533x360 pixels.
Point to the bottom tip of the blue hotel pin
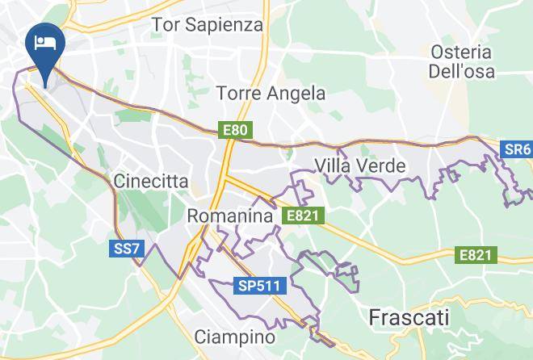(41, 84)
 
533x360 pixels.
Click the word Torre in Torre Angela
(238, 94)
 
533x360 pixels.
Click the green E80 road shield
(236, 129)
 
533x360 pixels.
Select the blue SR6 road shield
(517, 149)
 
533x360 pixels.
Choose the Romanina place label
(229, 216)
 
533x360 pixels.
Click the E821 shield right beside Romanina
(304, 216)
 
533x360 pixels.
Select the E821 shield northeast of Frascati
(476, 255)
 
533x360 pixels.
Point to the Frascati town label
(409, 317)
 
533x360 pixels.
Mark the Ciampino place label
(236, 336)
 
